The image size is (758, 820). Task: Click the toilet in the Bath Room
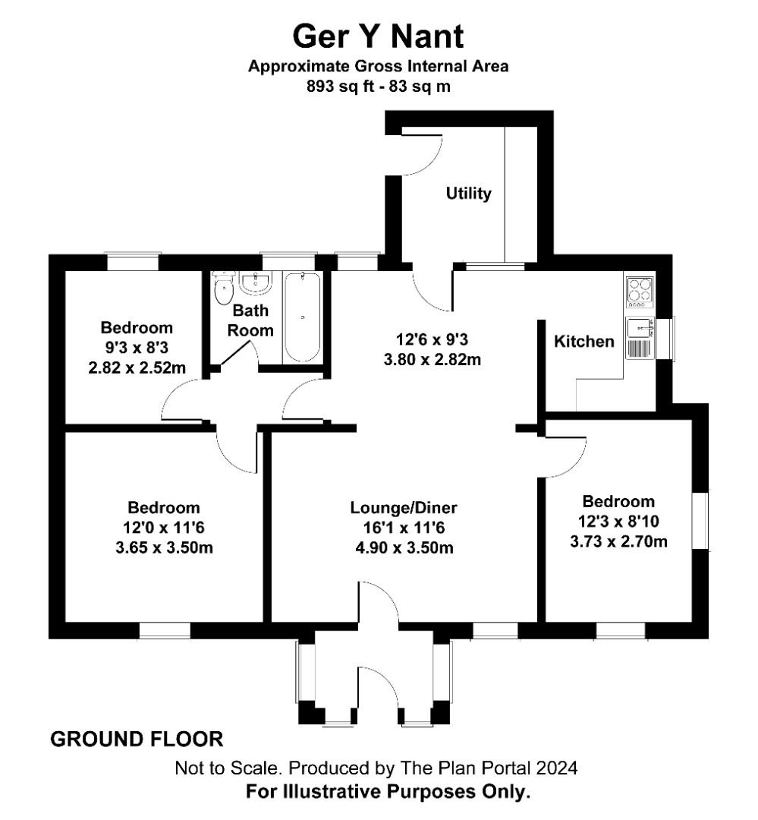(x=224, y=289)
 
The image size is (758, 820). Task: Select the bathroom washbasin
(x=255, y=283)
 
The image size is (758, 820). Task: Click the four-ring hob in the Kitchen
(x=640, y=292)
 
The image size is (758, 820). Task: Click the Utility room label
(x=468, y=194)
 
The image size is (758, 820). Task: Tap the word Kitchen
(x=584, y=342)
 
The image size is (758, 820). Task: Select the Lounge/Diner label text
(x=404, y=507)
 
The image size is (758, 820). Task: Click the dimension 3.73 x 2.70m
(x=618, y=541)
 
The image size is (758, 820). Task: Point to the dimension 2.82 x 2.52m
(x=137, y=367)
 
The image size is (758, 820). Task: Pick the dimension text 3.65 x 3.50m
(x=164, y=547)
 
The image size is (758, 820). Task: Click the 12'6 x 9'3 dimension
(x=432, y=339)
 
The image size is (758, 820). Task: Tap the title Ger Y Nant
(x=378, y=36)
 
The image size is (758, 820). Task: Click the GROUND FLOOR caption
(x=137, y=739)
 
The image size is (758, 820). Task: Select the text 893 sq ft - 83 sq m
(x=378, y=87)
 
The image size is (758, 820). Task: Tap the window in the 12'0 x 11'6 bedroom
(x=165, y=630)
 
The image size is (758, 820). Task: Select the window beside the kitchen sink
(x=670, y=339)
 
